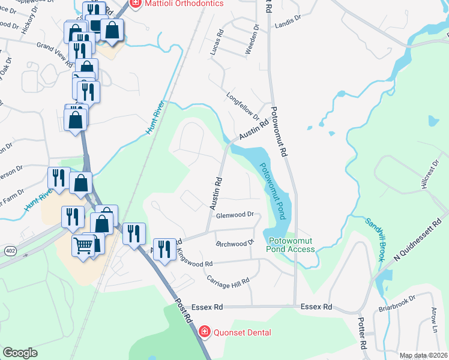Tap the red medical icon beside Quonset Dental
coord(204,332)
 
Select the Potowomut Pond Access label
coord(291,245)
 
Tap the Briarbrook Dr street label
coord(397,305)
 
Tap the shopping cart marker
coord(83,245)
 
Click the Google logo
coord(20,352)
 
